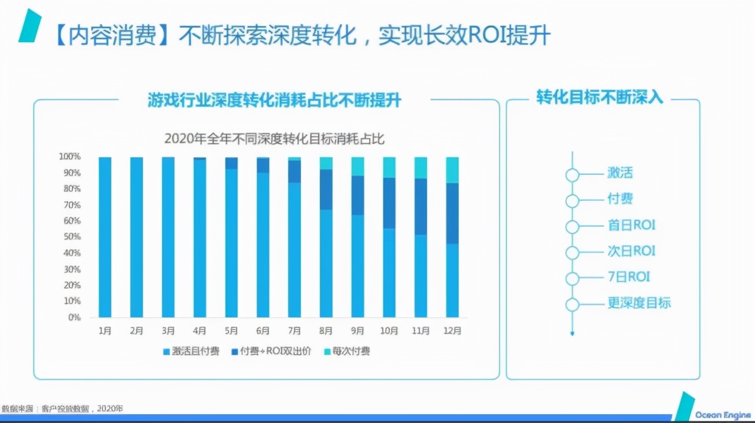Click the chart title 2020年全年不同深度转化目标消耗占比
point(274,139)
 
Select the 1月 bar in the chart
point(105,237)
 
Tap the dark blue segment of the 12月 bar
point(452,213)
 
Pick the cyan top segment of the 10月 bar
point(389,167)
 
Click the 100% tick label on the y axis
point(69,157)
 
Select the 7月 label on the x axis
point(294,331)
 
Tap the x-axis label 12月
point(452,331)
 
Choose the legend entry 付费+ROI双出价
point(274,352)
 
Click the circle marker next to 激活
point(572,174)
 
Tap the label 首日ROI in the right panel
point(631,225)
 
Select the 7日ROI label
point(629,277)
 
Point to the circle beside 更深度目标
point(572,305)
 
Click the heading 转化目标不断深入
point(600,98)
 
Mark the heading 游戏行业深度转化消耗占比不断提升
point(274,100)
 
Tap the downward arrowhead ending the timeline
point(572,333)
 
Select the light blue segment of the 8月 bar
point(326,263)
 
